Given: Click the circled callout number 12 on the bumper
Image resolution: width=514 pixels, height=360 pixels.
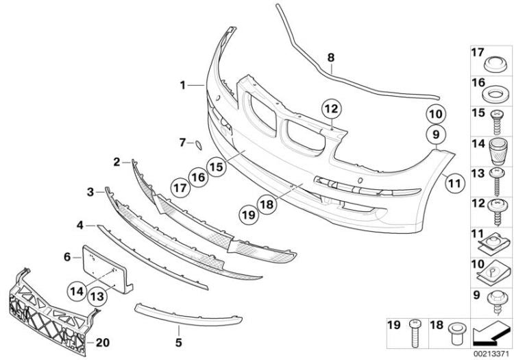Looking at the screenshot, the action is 331,108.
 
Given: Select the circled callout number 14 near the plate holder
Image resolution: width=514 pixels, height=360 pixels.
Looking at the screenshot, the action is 77,291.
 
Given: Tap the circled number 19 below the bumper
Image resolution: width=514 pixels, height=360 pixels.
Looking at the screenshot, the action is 249,215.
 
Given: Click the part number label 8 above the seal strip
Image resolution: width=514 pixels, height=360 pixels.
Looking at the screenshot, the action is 331,58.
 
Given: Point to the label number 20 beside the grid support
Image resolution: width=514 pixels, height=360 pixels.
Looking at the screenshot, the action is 102,343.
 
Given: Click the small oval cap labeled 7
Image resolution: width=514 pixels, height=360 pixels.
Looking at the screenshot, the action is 199,145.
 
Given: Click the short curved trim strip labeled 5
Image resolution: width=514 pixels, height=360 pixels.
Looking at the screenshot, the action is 188,317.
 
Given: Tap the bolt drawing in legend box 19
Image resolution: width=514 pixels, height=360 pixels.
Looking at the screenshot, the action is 415,333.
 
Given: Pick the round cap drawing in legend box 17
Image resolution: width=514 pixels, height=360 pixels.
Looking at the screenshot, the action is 494,64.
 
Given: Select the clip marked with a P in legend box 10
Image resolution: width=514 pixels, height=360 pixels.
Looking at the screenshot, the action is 493,274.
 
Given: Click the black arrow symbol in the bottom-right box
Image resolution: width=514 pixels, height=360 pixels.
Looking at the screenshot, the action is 491,335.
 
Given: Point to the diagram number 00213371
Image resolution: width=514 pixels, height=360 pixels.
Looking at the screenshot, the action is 491,354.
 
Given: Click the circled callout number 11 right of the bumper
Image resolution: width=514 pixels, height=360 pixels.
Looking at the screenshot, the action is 454,183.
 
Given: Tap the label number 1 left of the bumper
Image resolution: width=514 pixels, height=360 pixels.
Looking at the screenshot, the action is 182,86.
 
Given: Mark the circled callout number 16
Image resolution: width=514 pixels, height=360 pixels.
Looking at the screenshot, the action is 198,177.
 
